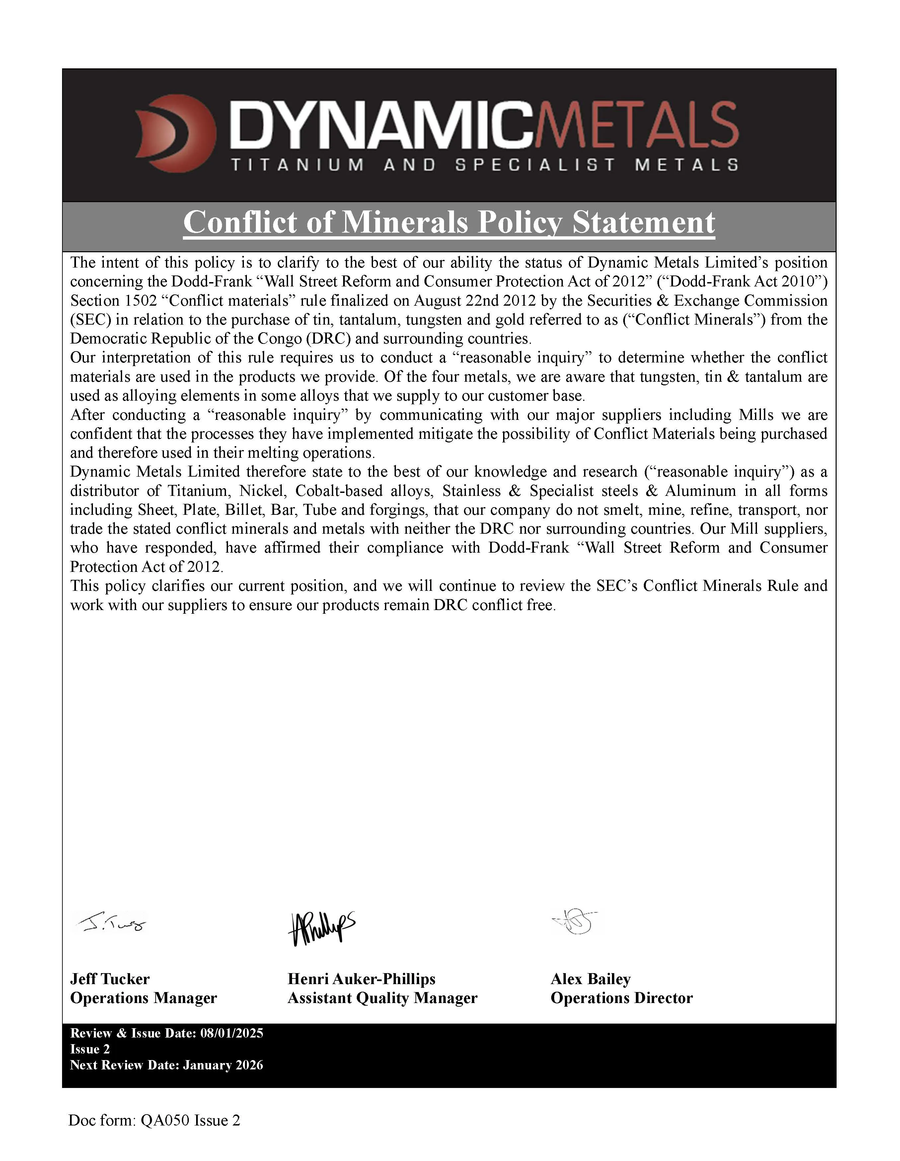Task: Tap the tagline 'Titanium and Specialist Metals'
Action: coord(484,165)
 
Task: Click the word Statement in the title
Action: coord(643,222)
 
